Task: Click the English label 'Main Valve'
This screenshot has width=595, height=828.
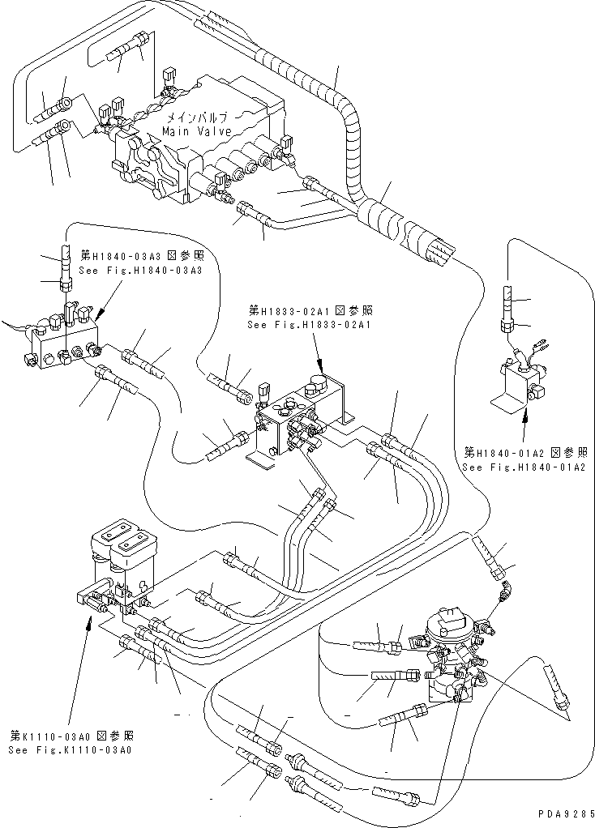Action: tap(197, 131)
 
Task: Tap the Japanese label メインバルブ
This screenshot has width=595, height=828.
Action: tap(198, 117)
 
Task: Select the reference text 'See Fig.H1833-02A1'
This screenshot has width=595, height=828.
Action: tap(308, 325)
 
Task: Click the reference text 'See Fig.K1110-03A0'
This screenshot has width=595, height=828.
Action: tap(71, 750)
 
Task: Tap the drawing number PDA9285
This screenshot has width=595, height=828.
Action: tap(564, 813)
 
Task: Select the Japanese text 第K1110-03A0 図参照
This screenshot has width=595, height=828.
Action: tap(71, 736)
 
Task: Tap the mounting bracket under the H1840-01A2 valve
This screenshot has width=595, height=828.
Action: tap(507, 402)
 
